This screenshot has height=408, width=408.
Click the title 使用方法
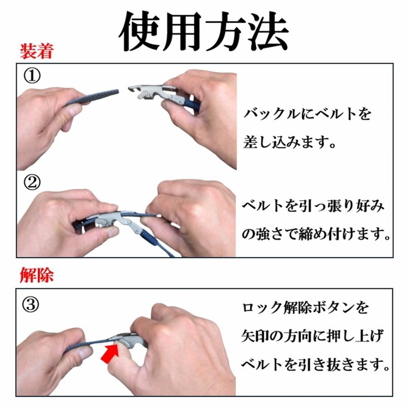click(204, 31)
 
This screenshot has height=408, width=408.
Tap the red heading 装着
click(37, 51)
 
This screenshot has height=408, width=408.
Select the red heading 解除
click(37, 275)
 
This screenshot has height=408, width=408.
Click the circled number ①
click(32, 76)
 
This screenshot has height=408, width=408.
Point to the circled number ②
click(32, 182)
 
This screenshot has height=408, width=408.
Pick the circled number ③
click(31, 305)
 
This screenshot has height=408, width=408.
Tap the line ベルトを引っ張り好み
click(313, 205)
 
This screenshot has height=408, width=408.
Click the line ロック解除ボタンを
click(306, 308)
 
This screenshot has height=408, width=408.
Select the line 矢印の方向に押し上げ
click(312, 335)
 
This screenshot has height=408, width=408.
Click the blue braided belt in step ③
click(88, 344)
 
